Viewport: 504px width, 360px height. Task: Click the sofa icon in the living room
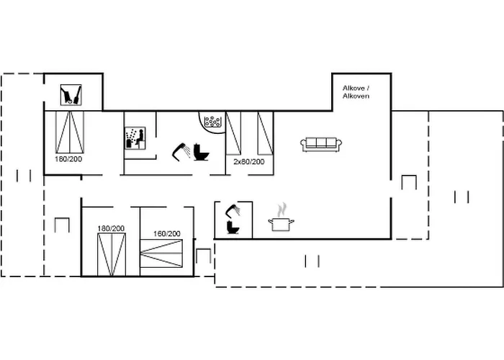coord(321,144)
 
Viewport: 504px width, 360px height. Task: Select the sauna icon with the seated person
coord(135,138)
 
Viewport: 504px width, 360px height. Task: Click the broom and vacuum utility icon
coord(71,95)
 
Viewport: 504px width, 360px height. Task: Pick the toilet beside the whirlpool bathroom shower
coord(201,153)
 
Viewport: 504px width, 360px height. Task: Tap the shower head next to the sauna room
coord(181,152)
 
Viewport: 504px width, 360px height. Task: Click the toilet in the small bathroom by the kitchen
coord(233,228)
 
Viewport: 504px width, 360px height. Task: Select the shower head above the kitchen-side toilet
coord(233,210)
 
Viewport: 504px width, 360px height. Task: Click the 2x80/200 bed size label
coord(249,162)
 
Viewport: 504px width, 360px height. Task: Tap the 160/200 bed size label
coord(167,234)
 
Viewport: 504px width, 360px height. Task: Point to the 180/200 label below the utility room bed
coord(68,159)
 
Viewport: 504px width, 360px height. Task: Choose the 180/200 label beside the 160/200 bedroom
coord(111,228)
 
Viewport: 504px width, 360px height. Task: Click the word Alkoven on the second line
coord(356,96)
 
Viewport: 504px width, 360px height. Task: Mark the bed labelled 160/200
coord(161,253)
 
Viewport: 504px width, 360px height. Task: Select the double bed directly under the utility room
coord(70,132)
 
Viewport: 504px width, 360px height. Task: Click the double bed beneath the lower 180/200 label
coord(111,255)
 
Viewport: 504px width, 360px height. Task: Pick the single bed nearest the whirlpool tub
coord(233,133)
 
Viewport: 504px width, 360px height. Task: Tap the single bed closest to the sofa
coord(265,133)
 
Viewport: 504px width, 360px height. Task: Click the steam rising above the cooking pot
coord(282,210)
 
